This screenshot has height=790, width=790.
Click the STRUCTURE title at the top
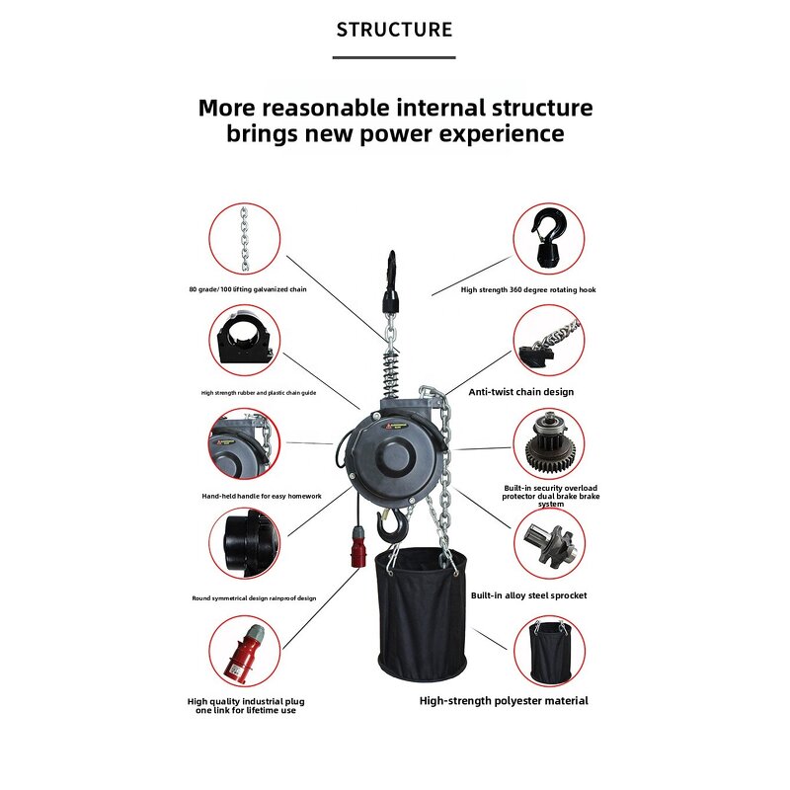pos(394,29)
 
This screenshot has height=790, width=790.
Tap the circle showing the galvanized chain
pos(244,239)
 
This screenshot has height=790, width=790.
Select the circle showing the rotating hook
pos(549,239)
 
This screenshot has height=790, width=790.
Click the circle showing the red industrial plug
pos(244,652)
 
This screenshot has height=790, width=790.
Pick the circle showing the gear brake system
pos(549,443)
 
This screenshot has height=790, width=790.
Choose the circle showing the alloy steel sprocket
pos(549,544)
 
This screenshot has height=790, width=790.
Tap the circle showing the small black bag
pos(549,652)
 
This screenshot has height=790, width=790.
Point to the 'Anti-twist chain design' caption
pos(520,392)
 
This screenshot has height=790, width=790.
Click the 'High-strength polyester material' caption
pos(504,700)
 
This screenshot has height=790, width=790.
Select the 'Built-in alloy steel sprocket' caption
pos(528,595)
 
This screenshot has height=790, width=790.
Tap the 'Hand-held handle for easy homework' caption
pos(262,496)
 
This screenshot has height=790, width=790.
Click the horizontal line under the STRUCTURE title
pos(394,57)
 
